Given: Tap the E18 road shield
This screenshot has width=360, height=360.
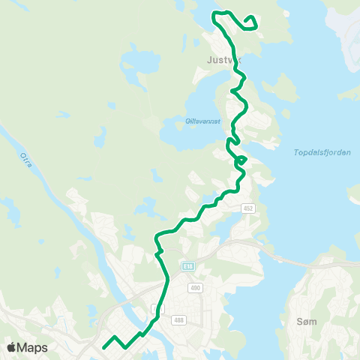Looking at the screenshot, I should coord(187,266).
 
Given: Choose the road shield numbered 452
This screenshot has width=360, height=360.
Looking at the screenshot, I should coord(249,208).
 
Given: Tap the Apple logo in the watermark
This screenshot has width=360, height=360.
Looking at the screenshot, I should coord(11,347).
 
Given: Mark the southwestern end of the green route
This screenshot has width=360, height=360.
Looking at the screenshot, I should coord(103,347).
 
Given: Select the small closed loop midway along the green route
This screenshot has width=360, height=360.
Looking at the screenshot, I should coord(241,160).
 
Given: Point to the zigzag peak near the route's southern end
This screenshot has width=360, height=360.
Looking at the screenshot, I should coord(115,337).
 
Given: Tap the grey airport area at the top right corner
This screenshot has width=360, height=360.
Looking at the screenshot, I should coord(346,30).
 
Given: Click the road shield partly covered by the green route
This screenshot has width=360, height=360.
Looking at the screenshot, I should coord(157,309).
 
